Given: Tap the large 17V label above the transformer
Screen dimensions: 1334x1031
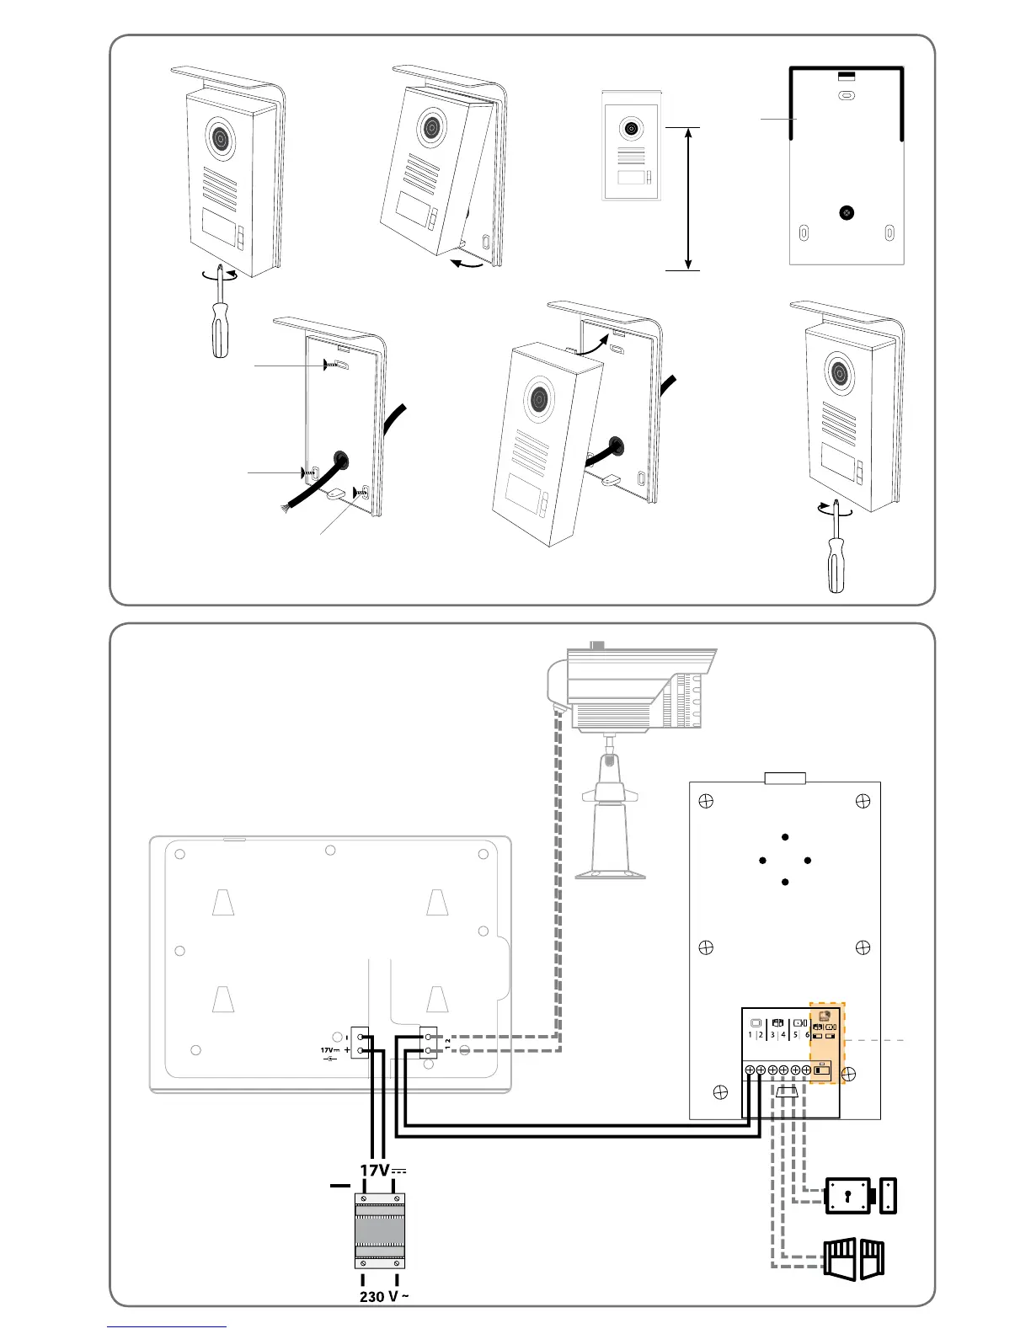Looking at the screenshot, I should (x=375, y=1171).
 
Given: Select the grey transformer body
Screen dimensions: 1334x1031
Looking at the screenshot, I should (x=378, y=1230).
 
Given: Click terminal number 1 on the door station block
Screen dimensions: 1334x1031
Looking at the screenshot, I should (x=750, y=1034).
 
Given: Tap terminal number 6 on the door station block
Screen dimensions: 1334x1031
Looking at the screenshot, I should (x=807, y=1034).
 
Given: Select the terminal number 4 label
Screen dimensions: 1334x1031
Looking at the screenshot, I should (x=783, y=1034).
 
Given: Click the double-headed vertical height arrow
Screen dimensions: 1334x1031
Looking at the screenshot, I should (x=689, y=199).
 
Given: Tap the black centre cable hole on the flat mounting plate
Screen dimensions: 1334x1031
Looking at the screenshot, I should (x=846, y=213).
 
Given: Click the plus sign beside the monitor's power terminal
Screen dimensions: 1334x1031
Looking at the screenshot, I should (x=347, y=1051).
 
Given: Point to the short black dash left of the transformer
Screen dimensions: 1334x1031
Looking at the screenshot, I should (x=339, y=1186).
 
